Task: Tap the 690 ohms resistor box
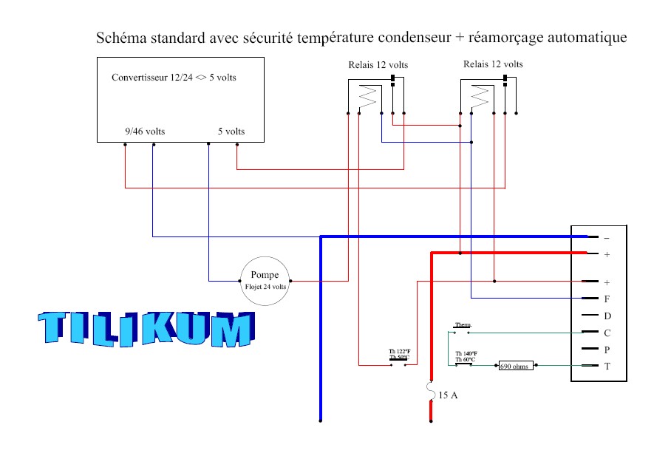click(516, 365)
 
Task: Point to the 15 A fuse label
click(449, 395)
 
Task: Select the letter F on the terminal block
click(607, 299)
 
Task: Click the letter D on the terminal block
click(607, 316)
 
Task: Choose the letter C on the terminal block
click(607, 333)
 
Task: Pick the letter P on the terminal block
click(607, 350)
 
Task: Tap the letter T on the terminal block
click(607, 366)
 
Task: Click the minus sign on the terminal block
click(607, 238)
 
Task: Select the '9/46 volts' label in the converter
click(145, 132)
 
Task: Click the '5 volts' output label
click(231, 132)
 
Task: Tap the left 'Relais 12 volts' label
click(378, 65)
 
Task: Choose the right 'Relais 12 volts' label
click(493, 64)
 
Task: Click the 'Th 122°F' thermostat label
click(400, 351)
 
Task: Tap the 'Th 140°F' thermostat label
click(466, 354)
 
